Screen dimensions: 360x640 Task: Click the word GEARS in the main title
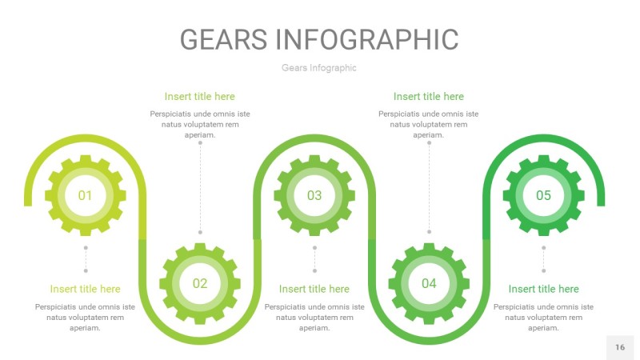(x=223, y=39)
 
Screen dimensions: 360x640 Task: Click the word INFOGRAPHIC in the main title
(x=366, y=39)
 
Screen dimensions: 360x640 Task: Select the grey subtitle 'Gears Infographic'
(x=319, y=68)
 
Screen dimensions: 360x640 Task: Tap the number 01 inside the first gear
(x=85, y=195)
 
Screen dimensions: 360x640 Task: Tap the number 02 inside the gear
(x=199, y=283)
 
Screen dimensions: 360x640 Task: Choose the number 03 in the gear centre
(x=314, y=195)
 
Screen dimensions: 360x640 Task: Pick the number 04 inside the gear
(x=429, y=283)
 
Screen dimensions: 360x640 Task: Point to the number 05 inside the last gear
(x=543, y=195)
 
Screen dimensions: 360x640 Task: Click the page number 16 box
(x=620, y=347)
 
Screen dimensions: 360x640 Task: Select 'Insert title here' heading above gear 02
(x=200, y=97)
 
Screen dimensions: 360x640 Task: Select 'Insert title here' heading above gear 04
(x=429, y=97)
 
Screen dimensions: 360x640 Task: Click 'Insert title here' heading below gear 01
(x=86, y=289)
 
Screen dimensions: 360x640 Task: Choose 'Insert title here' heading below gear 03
(x=314, y=289)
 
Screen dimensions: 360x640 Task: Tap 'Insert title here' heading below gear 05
(x=543, y=289)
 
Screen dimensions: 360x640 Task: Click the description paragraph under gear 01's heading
(x=86, y=317)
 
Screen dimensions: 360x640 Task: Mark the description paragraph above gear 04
(x=429, y=124)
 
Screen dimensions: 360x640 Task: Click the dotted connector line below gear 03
(x=314, y=259)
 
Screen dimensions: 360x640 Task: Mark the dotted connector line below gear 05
(x=543, y=259)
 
